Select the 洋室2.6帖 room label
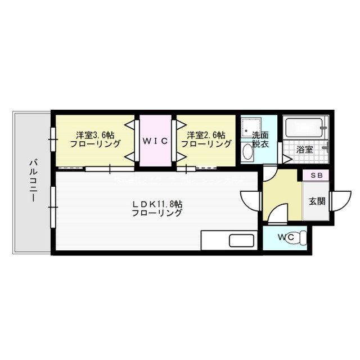click(206, 135)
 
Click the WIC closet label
click(155, 141)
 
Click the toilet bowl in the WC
click(301, 237)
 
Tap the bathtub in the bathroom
click(304, 129)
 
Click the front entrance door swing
click(339, 200)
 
